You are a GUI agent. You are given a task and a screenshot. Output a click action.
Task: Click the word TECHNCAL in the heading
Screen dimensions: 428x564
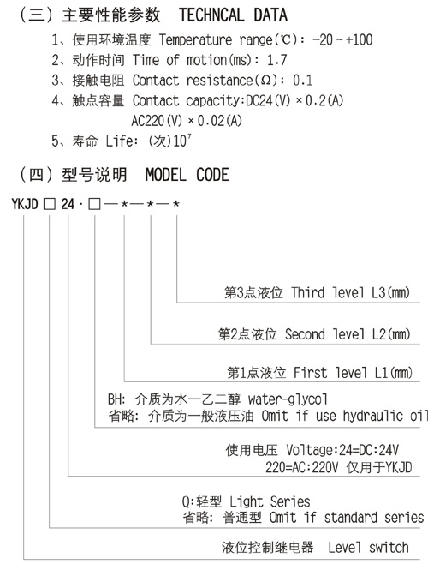211,15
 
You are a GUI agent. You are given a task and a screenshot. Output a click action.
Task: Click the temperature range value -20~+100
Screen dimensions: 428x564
342,39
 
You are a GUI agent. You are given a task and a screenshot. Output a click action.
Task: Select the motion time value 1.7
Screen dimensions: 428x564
276,60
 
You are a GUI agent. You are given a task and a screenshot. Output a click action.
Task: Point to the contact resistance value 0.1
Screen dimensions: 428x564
302,81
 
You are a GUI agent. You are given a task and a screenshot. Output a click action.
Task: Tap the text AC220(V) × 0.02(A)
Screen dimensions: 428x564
187,121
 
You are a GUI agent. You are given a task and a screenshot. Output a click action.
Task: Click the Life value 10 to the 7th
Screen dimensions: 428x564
181,141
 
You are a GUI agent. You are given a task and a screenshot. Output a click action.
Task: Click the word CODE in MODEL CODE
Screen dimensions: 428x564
212,175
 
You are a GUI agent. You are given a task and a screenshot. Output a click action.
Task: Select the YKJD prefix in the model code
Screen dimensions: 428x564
25,204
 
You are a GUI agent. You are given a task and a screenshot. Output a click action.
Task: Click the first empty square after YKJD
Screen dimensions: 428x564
50,205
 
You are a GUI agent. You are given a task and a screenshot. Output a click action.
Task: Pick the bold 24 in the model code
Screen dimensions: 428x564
68,204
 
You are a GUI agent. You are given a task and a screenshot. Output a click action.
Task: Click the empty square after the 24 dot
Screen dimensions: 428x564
94,205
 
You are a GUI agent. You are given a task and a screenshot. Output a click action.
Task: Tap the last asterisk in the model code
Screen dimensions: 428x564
176,204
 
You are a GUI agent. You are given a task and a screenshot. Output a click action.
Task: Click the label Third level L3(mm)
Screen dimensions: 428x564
350,293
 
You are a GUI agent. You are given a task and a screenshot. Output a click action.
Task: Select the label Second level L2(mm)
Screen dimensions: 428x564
348,334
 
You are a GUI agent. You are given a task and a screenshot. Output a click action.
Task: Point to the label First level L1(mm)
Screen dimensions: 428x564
353,373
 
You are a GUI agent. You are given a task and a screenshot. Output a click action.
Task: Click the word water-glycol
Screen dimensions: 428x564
288,399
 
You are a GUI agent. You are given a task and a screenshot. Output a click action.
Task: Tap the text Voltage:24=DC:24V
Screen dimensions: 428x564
342,450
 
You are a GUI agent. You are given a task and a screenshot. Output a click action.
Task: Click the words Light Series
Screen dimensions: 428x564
270,501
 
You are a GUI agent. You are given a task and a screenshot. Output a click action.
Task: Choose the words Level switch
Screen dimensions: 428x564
368,548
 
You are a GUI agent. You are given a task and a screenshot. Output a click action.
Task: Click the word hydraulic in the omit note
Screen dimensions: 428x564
373,417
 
